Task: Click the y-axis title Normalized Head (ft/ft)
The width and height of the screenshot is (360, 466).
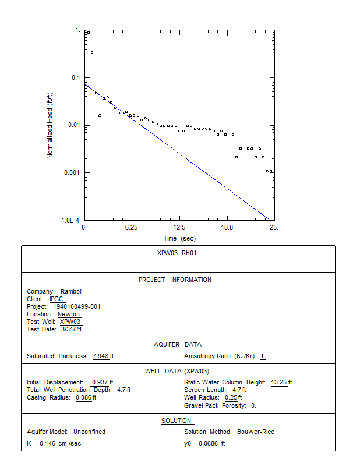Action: (x=50, y=125)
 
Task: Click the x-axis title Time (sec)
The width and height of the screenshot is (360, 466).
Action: (x=179, y=238)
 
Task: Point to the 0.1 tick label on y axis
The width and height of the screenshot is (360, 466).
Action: (x=76, y=77)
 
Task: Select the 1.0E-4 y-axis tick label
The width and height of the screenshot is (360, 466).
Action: (x=72, y=220)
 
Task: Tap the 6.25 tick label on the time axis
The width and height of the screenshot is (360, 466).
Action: (x=132, y=228)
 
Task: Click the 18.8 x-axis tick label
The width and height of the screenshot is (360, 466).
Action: (x=227, y=228)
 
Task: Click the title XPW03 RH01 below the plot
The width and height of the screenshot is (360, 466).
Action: (x=178, y=253)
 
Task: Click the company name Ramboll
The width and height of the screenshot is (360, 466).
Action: (x=72, y=291)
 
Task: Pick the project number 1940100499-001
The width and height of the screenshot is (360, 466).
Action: (x=77, y=306)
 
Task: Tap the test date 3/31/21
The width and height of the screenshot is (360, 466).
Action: (x=72, y=329)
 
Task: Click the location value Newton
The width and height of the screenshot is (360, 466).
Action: (x=69, y=314)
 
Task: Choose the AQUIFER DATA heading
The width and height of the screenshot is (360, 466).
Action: (x=178, y=344)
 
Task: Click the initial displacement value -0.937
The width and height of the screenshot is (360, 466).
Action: (x=100, y=382)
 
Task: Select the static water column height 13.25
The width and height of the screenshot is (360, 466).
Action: (x=279, y=382)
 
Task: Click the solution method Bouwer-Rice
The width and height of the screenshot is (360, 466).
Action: (x=256, y=432)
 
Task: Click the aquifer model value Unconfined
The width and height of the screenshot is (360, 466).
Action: (x=90, y=432)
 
